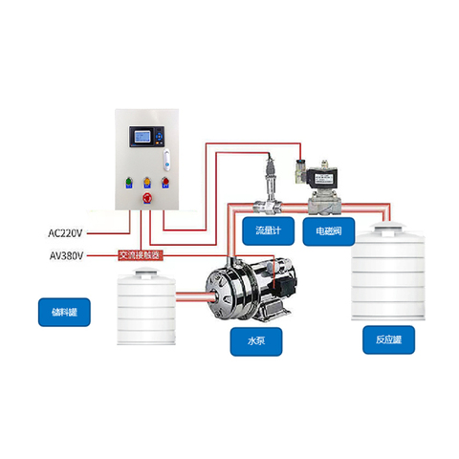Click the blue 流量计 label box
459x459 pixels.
[268, 231]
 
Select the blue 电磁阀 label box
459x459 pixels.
[329, 231]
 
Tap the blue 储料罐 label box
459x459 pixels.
[64, 312]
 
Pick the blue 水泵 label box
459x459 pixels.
[256, 341]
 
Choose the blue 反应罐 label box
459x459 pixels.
[388, 339]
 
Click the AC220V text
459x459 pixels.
[65, 233]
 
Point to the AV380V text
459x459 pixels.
[66, 255]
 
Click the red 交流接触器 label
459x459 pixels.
[141, 255]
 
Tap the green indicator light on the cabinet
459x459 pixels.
[129, 182]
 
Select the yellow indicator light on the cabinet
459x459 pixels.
[147, 182]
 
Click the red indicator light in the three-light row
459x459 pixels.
[165, 182]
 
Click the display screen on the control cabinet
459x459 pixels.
[142, 137]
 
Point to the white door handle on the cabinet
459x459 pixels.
[166, 160]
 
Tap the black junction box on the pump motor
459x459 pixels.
[285, 285]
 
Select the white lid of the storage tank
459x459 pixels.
[146, 274]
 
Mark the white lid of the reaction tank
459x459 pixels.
[388, 228]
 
